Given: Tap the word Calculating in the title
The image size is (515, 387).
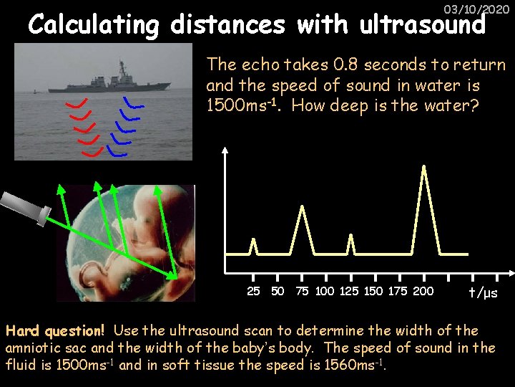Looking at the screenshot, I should tap(94, 26).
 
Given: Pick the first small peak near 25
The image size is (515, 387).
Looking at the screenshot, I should tap(252, 246).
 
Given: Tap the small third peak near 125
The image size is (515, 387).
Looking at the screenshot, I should tap(350, 244).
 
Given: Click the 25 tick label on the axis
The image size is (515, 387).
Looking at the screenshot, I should tap(253, 291).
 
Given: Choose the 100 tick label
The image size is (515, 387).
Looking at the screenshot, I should tap(324, 291).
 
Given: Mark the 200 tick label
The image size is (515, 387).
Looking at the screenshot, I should tap(423, 291).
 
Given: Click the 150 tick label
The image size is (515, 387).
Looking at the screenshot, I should tap(374, 291).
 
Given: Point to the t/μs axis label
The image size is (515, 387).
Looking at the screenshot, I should tap(483, 292).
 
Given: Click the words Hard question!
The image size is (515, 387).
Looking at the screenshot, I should tap(56, 331).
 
